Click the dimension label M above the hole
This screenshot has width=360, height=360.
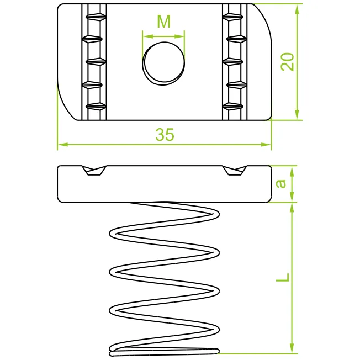tap(163, 22)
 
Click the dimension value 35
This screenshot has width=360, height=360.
tap(165, 135)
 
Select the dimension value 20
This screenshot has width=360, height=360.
tap(287, 62)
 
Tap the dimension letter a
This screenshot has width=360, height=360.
tap(281, 183)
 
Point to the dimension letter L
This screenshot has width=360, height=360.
tap(283, 278)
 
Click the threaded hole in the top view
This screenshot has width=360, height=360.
tap(163, 63)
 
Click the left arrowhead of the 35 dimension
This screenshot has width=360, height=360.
tap(63, 145)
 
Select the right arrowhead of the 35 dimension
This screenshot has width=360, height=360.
tap(266, 145)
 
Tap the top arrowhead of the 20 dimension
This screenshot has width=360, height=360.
tap(297, 9)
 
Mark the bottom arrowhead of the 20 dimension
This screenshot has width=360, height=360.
tap(297, 114)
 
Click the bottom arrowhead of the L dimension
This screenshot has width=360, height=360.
tap(292, 348)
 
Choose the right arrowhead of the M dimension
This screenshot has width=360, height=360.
tap(179, 36)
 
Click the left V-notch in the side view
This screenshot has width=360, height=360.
tap(94, 171)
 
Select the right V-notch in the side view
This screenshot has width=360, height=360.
tap(235, 171)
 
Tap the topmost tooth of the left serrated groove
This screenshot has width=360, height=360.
tap(96, 17)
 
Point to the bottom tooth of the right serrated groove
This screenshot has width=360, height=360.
tap(233, 107)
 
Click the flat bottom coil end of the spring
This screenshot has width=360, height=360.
tap(164, 351)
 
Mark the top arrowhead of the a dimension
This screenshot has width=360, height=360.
tap(292, 171)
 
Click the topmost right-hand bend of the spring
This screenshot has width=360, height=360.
tap(215, 214)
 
